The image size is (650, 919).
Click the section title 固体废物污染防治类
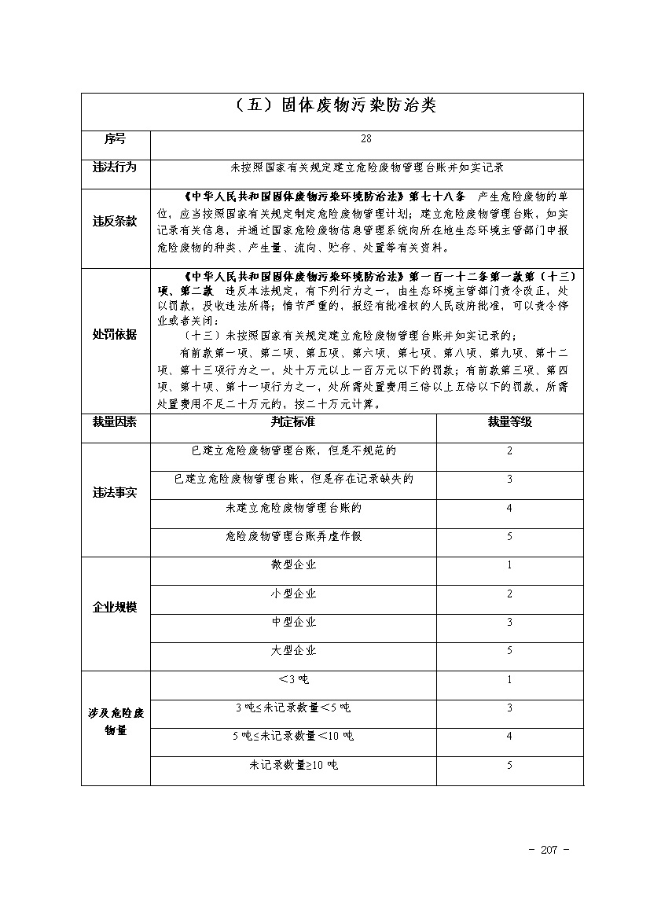[x=332, y=106]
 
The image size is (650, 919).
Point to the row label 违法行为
[x=115, y=167]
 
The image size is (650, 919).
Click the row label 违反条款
[x=115, y=222]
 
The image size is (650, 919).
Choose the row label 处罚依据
[x=115, y=334]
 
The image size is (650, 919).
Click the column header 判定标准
[x=293, y=422]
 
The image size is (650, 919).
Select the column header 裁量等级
[x=509, y=422]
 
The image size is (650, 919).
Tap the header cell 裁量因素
[x=115, y=422]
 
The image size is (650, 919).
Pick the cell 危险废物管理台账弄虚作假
[x=293, y=536]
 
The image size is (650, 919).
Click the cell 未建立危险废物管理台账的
[x=293, y=508]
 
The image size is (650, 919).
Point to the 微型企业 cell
[x=293, y=565]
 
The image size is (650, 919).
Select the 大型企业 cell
[x=293, y=650]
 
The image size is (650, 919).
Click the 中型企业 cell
[x=293, y=622]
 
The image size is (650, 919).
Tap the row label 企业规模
[x=115, y=608]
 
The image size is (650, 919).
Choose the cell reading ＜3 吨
[x=293, y=679]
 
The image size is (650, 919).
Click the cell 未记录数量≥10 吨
[x=293, y=764]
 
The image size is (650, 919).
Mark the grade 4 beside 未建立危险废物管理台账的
[x=509, y=508]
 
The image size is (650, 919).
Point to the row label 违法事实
[x=115, y=494]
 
